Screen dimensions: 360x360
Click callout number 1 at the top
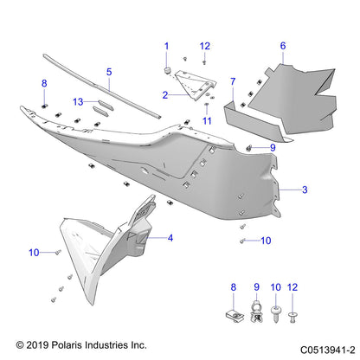coord(167,45)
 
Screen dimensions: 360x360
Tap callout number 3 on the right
coord(304,187)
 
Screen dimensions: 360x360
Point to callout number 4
coord(170,237)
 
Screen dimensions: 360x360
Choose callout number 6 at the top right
coord(282,45)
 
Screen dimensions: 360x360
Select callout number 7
coord(233,81)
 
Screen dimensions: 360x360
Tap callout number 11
coord(207,121)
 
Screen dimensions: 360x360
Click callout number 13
coord(78,101)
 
